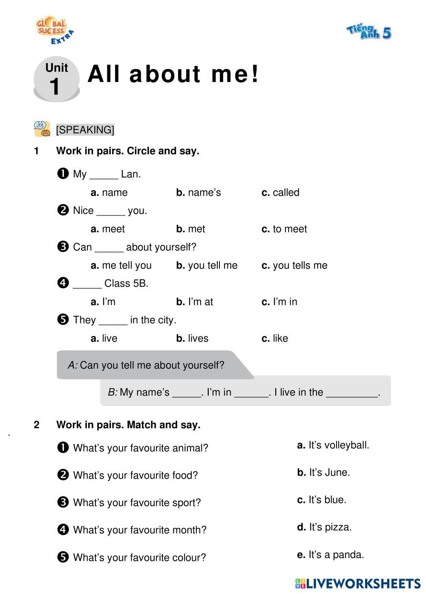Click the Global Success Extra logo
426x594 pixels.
pos(54,31)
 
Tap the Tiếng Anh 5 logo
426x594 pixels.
pos(369,32)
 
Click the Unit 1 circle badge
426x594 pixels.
pos(57,80)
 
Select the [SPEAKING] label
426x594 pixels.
pos(85,129)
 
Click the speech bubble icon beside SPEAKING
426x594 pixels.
pos(42,129)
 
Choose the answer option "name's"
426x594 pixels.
pos(199,192)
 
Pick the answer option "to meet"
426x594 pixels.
pos(285,229)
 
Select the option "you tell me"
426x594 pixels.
pos(207,265)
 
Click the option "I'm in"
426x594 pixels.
pos(279,302)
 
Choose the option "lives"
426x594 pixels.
pos(193,339)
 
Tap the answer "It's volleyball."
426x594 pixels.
pos(333,445)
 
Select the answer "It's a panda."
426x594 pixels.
pos(331,555)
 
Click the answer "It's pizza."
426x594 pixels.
pos(324,527)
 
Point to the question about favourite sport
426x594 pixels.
pos(136,503)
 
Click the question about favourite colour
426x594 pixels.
pos(139,557)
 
